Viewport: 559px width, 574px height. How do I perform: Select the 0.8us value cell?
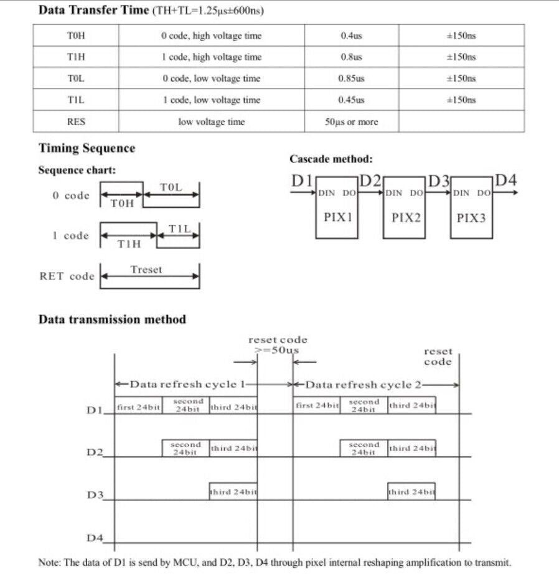tap(351, 57)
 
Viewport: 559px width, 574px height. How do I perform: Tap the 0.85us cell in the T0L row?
tap(351, 78)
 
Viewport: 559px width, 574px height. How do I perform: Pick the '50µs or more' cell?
tap(351, 121)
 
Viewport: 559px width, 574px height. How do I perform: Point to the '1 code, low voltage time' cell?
tap(211, 100)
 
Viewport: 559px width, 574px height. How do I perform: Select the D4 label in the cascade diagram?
tap(506, 181)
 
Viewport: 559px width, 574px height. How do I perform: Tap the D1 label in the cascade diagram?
tap(302, 181)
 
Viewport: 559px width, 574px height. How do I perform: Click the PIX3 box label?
tap(471, 218)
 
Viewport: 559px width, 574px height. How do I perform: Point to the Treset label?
tap(146, 270)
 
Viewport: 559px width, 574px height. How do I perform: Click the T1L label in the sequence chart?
tap(179, 229)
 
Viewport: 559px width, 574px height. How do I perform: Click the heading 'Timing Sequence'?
tap(87, 148)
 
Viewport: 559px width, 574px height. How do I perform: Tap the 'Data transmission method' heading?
tap(112, 319)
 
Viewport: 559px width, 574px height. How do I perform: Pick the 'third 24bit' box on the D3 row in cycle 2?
tap(411, 492)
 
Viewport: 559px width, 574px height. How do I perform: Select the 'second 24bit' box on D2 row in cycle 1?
tap(186, 448)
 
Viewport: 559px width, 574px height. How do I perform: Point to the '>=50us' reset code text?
tap(278, 351)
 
